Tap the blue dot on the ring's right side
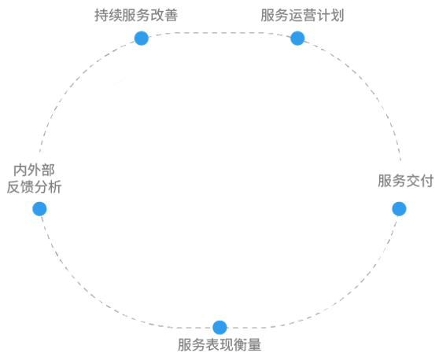click(x=399, y=209)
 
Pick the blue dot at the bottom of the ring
click(x=219, y=329)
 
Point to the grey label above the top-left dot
click(x=134, y=15)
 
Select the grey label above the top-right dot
click(x=302, y=15)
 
